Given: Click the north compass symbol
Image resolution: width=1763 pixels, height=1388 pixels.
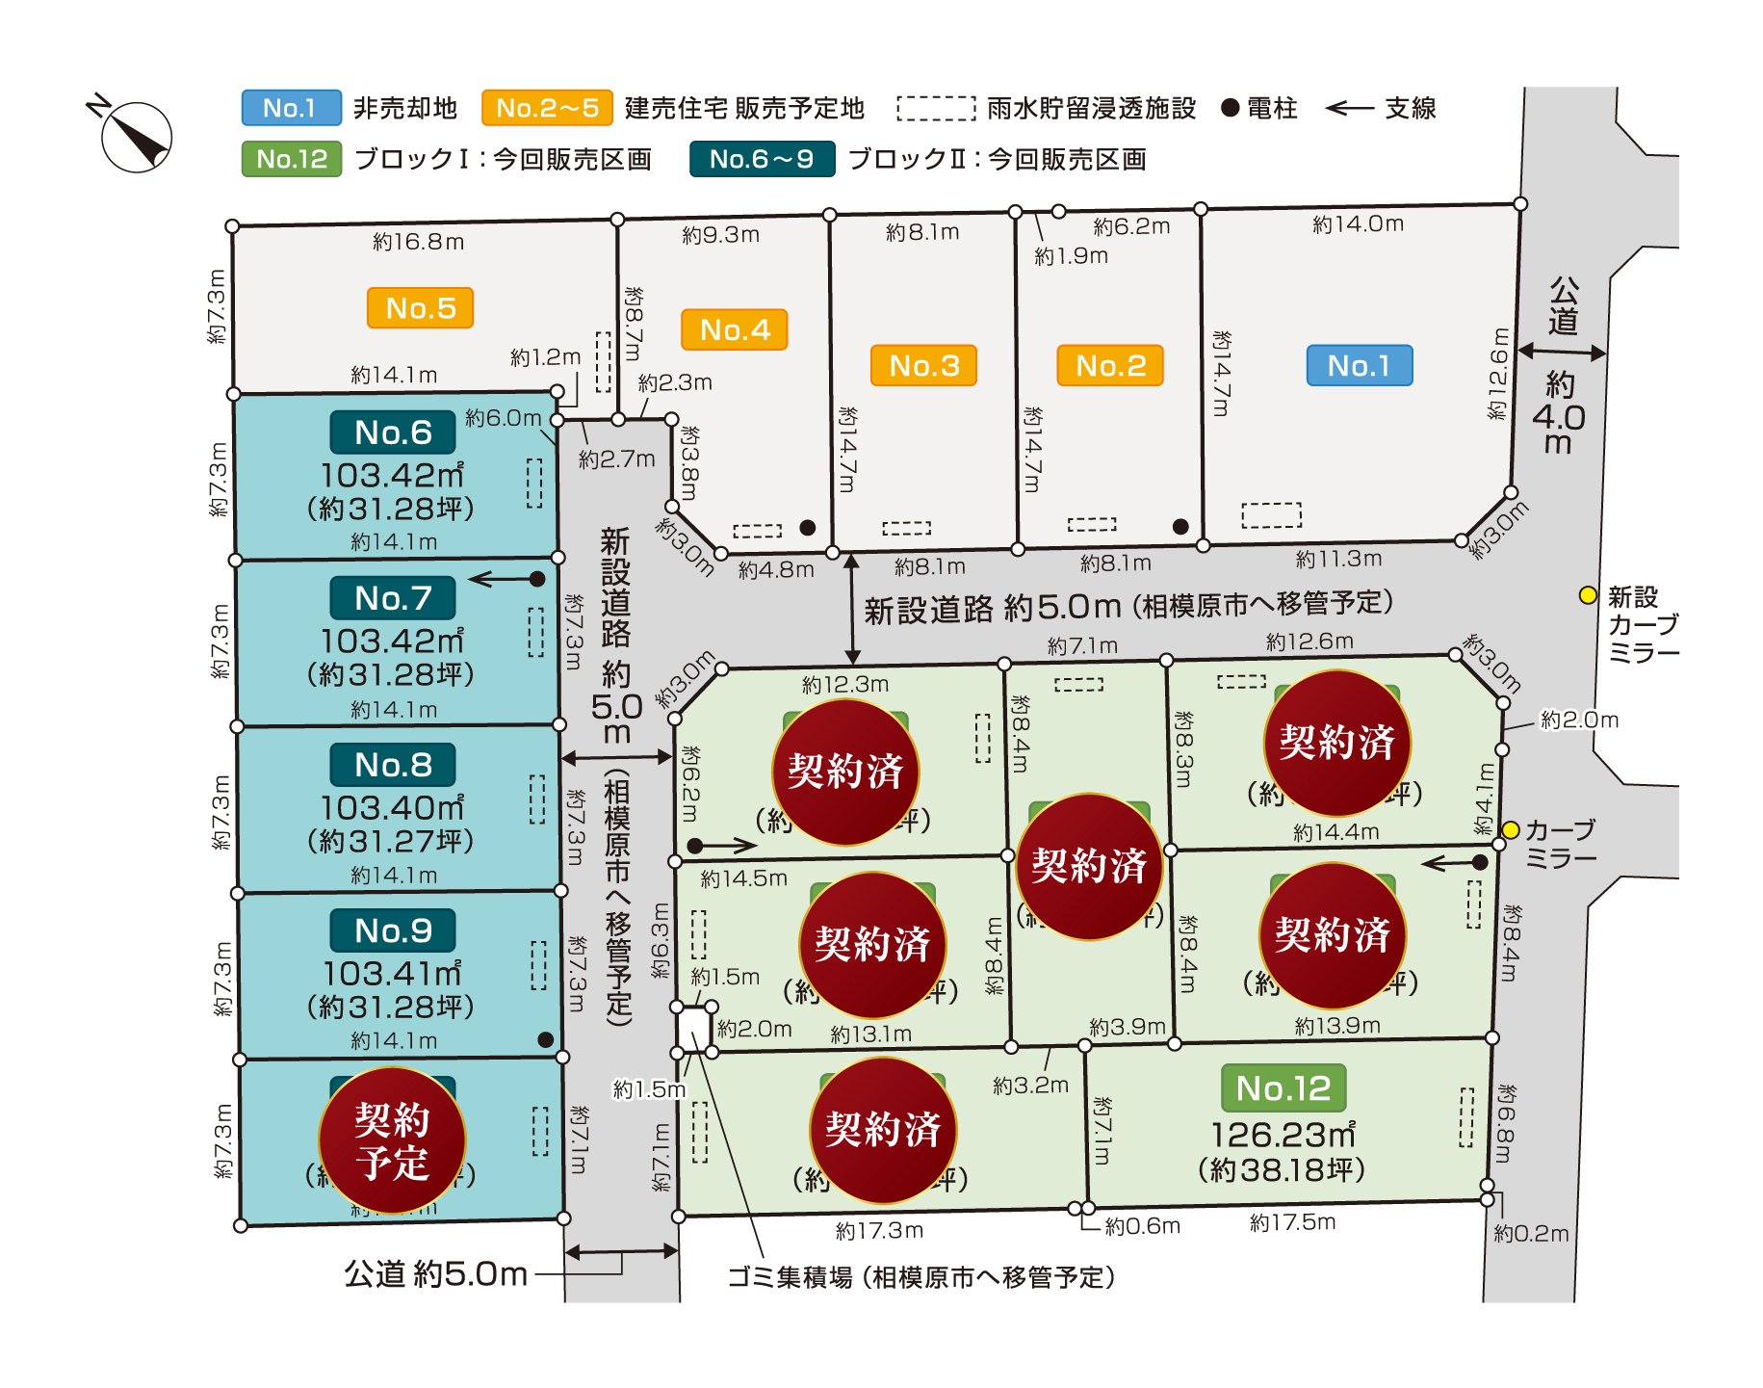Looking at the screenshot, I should (x=135, y=136).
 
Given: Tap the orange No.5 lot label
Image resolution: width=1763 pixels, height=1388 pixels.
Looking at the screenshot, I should (x=420, y=308).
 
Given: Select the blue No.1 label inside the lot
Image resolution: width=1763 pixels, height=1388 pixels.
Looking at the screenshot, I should (x=1359, y=366).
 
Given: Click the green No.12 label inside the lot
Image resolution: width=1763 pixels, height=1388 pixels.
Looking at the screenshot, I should (x=1283, y=1088).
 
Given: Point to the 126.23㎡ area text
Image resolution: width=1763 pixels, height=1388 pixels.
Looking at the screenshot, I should (x=1283, y=1135).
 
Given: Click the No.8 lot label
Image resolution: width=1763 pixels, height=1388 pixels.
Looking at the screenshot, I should (x=393, y=765).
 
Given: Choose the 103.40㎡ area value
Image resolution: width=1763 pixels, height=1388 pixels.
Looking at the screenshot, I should (x=392, y=807).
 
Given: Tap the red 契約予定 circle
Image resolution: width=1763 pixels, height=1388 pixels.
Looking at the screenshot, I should (x=392, y=1140).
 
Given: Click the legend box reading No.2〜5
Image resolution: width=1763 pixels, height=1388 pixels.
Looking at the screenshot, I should (x=547, y=108).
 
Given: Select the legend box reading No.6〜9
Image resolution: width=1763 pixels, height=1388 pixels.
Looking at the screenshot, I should (x=762, y=159).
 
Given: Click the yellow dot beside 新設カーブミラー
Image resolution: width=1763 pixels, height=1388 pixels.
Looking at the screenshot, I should (x=1588, y=595).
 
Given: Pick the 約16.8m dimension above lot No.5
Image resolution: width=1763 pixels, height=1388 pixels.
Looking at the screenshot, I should (x=418, y=242).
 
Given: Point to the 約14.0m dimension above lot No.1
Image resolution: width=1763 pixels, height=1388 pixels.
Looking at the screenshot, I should (x=1358, y=224).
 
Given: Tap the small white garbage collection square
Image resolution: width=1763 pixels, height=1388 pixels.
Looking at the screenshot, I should (x=693, y=1029).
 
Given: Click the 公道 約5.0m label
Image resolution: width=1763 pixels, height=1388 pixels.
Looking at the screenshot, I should (x=436, y=1274).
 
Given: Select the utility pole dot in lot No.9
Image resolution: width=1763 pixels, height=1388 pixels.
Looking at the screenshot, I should (x=545, y=1039).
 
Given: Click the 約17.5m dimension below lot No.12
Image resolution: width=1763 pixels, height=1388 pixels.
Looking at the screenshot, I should (x=1292, y=1223).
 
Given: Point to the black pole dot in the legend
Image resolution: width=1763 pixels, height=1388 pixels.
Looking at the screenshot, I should (x=1230, y=108).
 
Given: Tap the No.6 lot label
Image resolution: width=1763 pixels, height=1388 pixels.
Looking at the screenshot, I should (x=393, y=432).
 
